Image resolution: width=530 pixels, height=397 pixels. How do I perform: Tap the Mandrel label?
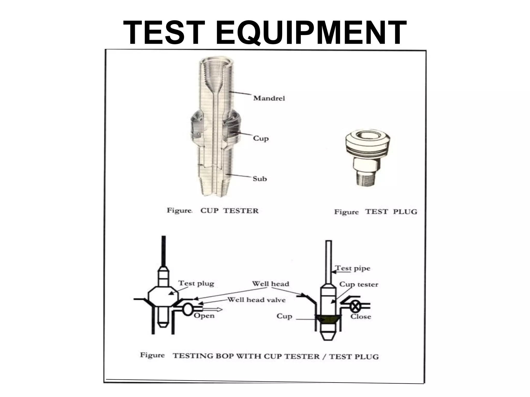point(269,98)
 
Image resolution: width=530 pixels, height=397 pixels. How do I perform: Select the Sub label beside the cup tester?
point(260,179)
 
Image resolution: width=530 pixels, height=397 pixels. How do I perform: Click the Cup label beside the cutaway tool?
point(261,138)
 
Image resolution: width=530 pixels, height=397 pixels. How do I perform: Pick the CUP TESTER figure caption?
point(229,211)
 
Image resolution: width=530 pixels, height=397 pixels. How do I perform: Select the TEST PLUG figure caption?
point(391,212)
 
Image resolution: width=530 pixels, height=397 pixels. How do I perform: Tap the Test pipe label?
point(353,268)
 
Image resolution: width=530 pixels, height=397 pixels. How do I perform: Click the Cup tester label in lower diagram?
point(358,284)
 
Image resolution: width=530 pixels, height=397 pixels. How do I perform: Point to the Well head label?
point(270,284)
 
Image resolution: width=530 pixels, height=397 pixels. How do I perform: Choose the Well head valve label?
point(256,300)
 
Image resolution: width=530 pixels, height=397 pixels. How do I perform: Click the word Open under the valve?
point(204,316)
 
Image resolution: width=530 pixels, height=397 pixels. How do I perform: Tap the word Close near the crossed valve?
point(360,317)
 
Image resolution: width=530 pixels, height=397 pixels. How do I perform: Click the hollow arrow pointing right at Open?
point(212,309)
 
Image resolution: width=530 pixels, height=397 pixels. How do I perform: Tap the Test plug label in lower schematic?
point(196,283)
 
